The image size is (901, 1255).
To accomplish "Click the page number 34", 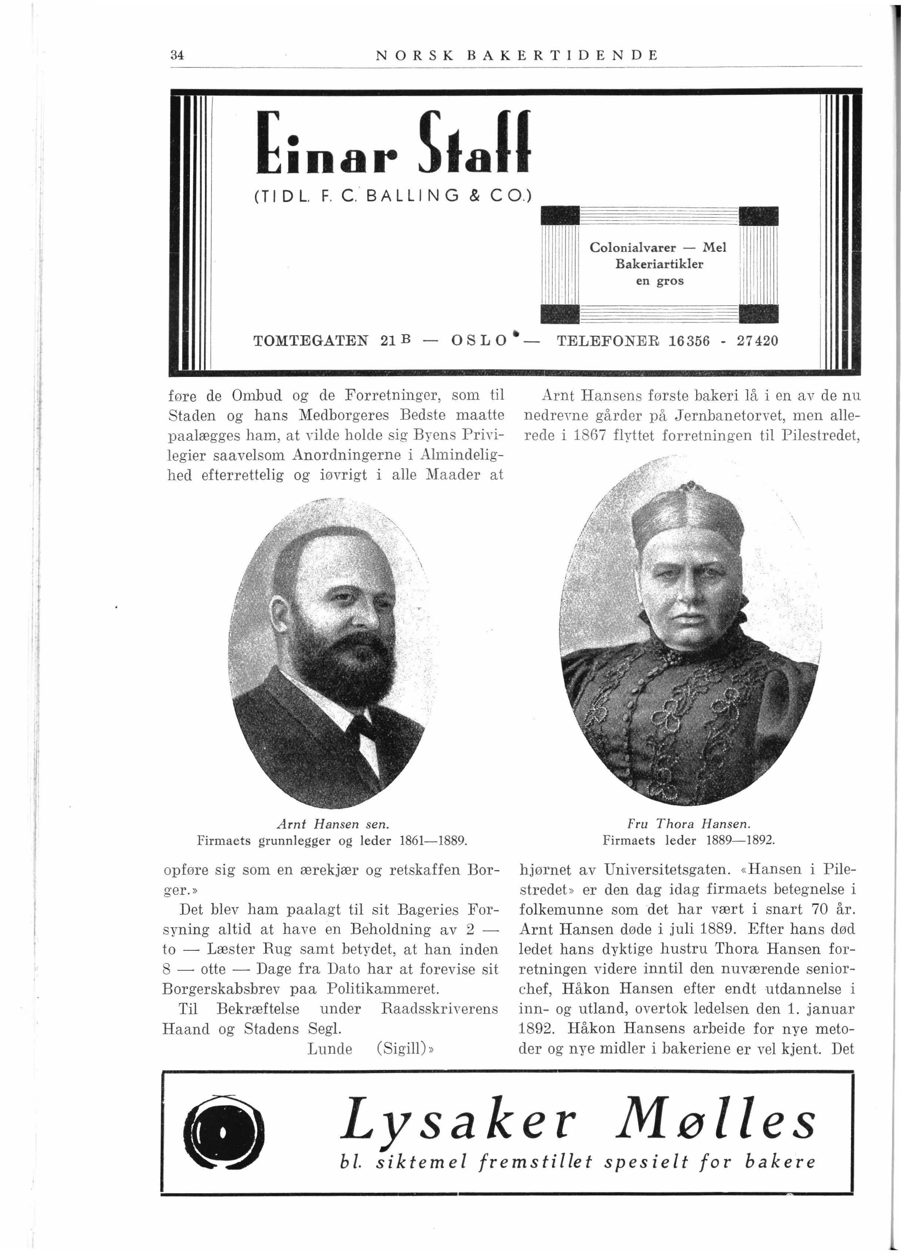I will click(177, 55).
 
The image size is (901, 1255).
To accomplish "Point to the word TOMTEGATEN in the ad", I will click(311, 341).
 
